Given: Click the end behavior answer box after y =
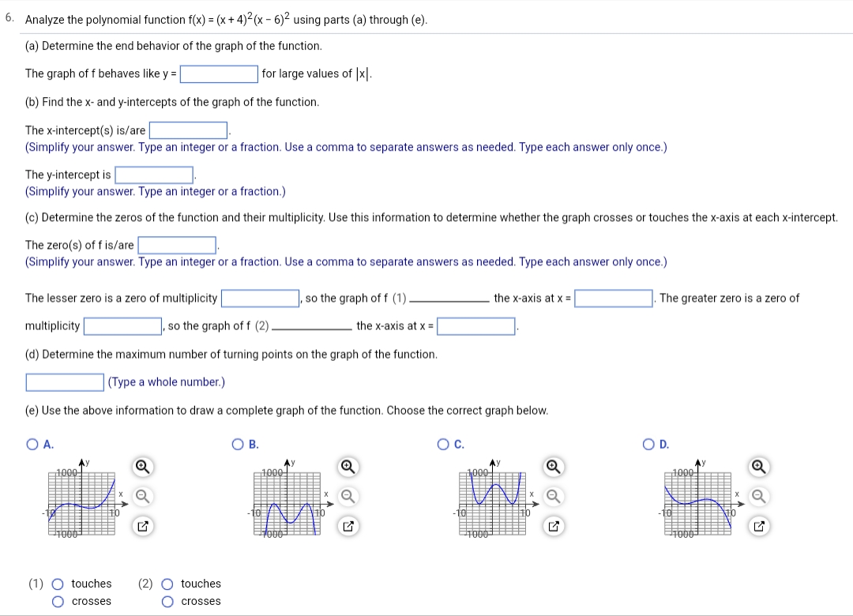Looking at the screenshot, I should coord(219,74).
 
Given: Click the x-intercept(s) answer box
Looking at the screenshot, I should coord(189,130).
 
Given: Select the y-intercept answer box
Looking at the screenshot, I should coord(155,175).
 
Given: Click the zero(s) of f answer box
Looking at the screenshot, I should coord(178,246).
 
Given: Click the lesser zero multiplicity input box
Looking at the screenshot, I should coord(259,299).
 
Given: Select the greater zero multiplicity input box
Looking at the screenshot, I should coord(122,326).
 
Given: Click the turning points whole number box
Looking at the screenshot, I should coord(65,382).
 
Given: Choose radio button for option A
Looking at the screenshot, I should coord(32,445).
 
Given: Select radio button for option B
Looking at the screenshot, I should coord(238,445).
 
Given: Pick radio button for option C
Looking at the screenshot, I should coord(444,445).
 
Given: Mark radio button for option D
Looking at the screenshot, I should coord(649,445).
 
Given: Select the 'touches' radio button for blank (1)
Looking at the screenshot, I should coord(57,584).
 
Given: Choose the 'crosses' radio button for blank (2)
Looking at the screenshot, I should coord(167,602).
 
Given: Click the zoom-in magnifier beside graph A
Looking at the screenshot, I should coord(143,468).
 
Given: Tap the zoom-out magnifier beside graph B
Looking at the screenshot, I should coord(348,496).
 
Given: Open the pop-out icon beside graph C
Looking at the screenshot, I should coord(554,525).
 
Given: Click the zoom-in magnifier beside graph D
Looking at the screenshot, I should coord(759,468).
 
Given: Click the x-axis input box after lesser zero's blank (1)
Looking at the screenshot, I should coord(614,299).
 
